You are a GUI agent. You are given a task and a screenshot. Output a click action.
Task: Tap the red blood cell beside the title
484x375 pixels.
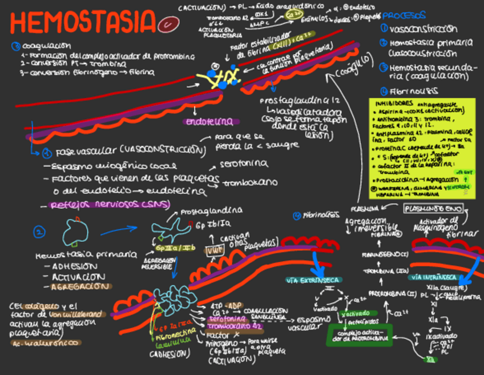tap(170, 24)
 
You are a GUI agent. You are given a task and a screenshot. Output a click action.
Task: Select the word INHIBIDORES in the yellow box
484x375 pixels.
tap(392, 104)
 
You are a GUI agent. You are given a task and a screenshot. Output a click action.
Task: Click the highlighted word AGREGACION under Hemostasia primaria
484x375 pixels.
tap(79, 286)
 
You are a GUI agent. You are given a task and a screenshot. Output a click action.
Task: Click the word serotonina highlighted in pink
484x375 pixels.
tap(220, 318)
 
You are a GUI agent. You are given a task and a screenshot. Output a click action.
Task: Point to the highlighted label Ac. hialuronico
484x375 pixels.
tap(46, 343)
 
